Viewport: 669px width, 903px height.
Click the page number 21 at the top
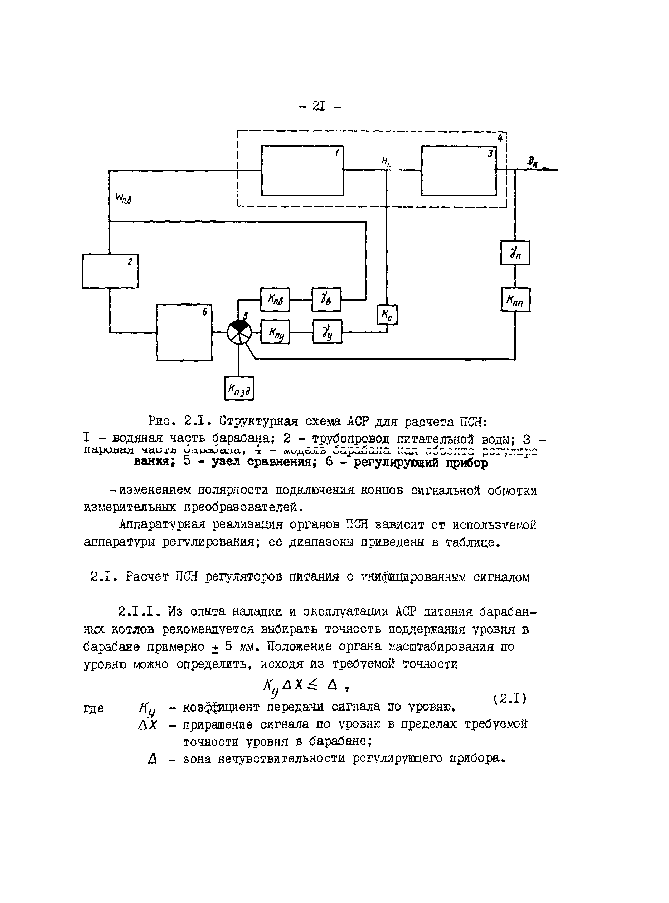320,106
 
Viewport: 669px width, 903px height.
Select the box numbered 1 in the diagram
302,170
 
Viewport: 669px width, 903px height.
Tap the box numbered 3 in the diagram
459,170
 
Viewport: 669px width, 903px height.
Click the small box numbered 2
110,271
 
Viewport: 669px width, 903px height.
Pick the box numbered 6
184,332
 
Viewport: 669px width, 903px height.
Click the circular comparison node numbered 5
239,332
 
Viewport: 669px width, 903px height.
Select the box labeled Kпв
275,299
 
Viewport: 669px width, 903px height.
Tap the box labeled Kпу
275,332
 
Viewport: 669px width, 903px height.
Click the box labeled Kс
387,314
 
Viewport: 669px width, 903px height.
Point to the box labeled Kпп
515,299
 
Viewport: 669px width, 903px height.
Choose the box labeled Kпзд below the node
239,388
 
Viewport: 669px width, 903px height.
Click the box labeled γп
515,253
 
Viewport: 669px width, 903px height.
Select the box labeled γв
326,299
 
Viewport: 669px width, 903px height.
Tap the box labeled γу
327,332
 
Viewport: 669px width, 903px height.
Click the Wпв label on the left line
123,198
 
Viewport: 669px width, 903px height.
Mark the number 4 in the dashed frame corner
500,138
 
